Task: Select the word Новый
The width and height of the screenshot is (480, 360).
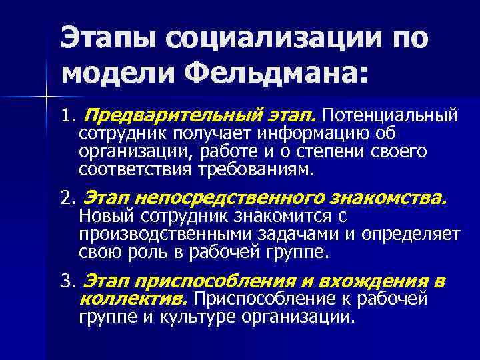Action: coord(102,217)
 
